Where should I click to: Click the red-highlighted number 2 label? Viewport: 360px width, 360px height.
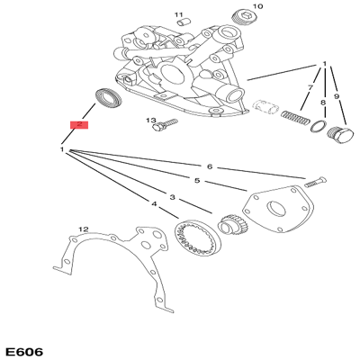[79, 125]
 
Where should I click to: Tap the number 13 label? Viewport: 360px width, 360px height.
[150, 121]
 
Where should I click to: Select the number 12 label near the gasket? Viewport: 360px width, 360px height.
[83, 229]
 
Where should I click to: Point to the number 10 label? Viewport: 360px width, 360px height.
[257, 6]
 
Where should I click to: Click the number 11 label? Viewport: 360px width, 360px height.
[179, 15]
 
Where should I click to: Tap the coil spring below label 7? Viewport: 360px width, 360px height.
[292, 116]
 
